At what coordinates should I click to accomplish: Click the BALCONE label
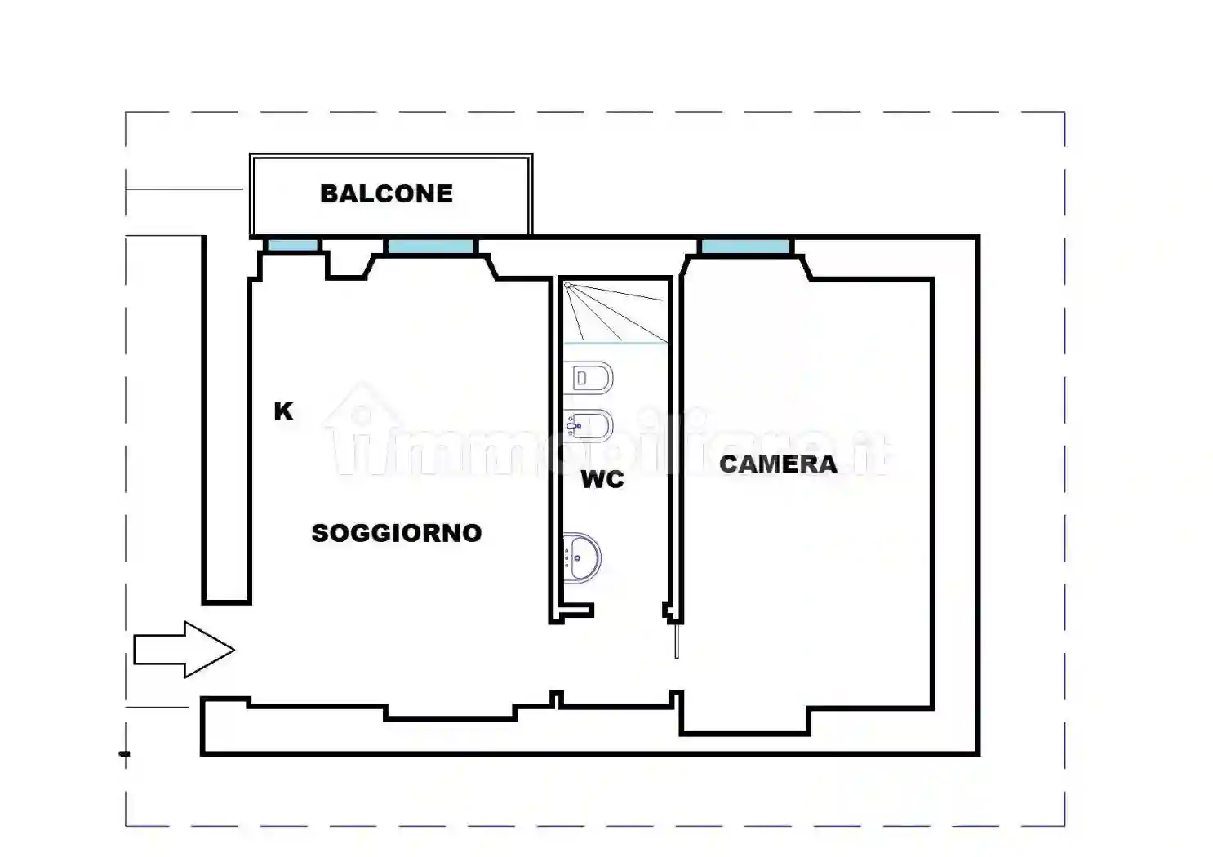386,193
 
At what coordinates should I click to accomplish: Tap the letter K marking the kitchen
283,411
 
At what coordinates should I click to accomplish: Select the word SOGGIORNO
397,533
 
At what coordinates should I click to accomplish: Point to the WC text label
602,479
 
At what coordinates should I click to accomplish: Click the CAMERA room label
778,464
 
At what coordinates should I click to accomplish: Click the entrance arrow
184,650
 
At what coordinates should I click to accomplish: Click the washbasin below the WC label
581,558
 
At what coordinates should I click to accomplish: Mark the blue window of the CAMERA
745,246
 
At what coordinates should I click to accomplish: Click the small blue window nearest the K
292,246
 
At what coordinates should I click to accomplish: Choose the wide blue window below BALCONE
430,246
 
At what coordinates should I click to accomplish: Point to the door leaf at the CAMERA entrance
677,640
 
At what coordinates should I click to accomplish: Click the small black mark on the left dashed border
124,753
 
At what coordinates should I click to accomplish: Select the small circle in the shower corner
567,286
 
